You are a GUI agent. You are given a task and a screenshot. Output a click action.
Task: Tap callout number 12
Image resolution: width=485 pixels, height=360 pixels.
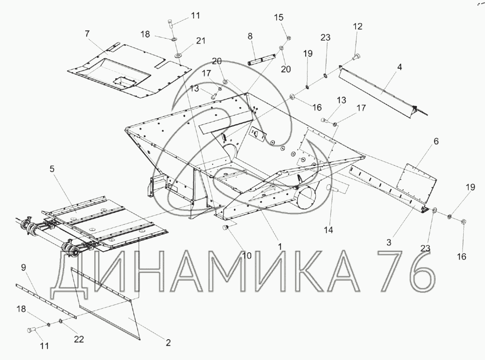357,26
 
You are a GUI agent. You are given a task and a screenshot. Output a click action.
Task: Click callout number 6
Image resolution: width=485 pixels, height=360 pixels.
436,141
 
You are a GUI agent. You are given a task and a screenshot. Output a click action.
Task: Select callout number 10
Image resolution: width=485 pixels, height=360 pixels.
247,256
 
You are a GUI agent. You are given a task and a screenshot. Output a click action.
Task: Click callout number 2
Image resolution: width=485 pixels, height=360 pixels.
168,343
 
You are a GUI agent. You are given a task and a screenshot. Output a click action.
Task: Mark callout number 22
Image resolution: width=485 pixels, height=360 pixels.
79,339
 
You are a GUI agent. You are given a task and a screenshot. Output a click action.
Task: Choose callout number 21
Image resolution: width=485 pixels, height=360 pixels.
201,40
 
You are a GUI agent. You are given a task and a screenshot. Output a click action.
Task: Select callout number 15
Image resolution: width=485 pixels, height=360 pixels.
278,17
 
